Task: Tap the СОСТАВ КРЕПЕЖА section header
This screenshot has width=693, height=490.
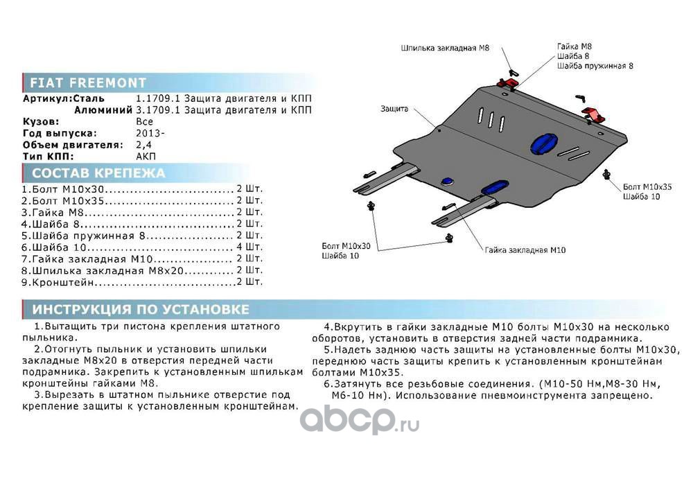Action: coord(98,173)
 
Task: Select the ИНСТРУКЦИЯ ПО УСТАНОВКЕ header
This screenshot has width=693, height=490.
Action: coord(140,309)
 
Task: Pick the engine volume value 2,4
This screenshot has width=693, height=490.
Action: coord(143,144)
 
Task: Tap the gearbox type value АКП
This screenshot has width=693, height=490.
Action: coord(146,156)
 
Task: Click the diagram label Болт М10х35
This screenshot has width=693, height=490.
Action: coord(647,187)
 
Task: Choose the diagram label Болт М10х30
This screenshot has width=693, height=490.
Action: coord(346,246)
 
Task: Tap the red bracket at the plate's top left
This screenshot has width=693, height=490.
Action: coord(509,83)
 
